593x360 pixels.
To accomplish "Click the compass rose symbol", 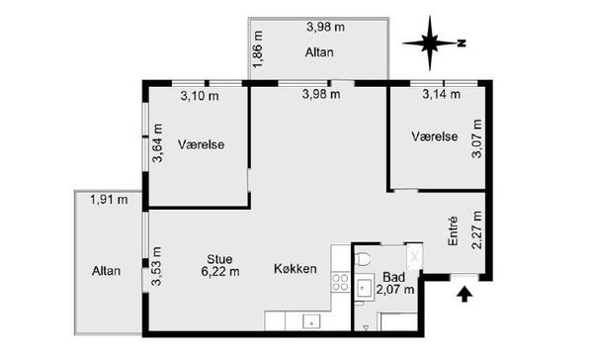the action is (x=430, y=44).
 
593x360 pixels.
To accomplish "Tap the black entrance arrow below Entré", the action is (x=465, y=294).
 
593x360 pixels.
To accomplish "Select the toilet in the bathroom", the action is (x=363, y=259).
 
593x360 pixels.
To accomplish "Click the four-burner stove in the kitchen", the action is (x=340, y=283).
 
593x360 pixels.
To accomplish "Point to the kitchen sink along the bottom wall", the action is (x=311, y=322).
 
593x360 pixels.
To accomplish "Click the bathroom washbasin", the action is (x=365, y=290).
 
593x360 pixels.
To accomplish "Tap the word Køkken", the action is (x=295, y=269).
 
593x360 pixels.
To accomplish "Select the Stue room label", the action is (x=219, y=259).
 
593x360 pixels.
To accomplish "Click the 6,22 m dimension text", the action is (x=220, y=271).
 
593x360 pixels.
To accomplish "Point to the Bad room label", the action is (x=394, y=277).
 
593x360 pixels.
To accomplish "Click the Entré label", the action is (x=453, y=230).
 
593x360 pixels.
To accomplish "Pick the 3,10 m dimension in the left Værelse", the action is (x=200, y=96).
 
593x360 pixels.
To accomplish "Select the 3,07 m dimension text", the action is (x=477, y=138).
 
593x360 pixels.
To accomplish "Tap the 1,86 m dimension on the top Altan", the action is (x=258, y=49).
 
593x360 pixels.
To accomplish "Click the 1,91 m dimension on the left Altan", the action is (x=109, y=200).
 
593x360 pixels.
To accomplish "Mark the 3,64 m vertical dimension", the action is (x=157, y=143).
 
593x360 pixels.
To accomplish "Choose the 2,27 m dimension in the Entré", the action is (x=477, y=229).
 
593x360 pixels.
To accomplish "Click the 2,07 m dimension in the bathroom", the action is (x=395, y=290).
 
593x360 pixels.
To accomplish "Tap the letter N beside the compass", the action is (x=462, y=44).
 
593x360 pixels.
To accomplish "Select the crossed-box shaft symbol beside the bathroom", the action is (x=414, y=257).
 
